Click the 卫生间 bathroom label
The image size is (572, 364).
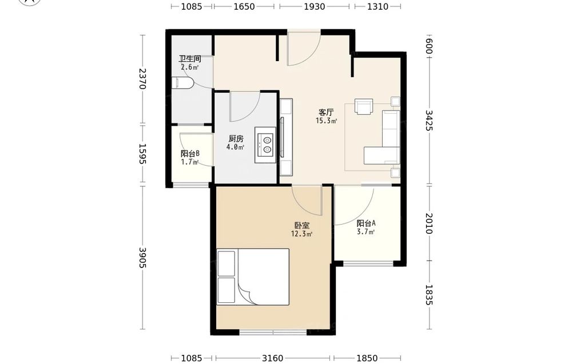coord(190,59)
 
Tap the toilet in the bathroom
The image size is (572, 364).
coord(182,83)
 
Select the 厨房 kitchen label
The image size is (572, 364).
coord(236,138)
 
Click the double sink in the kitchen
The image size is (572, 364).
coord(265,145)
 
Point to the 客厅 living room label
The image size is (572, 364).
coord(326,112)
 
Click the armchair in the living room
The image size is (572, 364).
coord(364,106)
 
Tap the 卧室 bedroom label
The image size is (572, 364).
coord(301,226)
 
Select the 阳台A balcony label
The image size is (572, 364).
coord(366,223)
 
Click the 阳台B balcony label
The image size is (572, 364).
coord(190,154)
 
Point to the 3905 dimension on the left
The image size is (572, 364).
coord(142,258)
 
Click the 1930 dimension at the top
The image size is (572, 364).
coord(315,6)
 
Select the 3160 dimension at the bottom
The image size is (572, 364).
coord(272,358)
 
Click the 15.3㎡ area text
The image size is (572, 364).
coord(326,121)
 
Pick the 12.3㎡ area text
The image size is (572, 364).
coord(301,234)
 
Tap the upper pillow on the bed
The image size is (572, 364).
coord(226,263)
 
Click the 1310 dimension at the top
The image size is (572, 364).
coord(378,6)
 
